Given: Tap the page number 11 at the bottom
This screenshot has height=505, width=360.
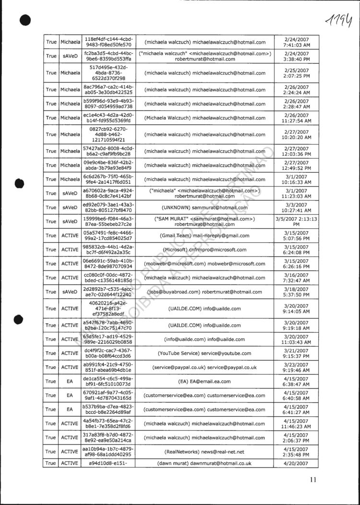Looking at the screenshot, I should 313,479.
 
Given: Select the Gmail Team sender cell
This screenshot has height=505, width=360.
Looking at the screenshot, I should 204,235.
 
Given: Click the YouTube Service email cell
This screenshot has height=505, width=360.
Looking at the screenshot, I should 204,353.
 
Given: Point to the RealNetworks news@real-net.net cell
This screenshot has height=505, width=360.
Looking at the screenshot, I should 204,452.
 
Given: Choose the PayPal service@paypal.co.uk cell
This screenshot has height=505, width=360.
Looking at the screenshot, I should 204,367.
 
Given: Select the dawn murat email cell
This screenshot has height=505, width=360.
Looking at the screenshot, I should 204,464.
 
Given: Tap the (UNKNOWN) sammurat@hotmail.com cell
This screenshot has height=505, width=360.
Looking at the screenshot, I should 204,207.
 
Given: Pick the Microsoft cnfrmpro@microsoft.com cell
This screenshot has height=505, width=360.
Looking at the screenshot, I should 204,250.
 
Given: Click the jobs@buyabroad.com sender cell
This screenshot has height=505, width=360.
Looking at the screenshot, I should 204,292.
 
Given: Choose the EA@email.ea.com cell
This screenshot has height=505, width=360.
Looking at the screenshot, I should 204,381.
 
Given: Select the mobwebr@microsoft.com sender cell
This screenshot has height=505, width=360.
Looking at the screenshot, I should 204,264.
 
